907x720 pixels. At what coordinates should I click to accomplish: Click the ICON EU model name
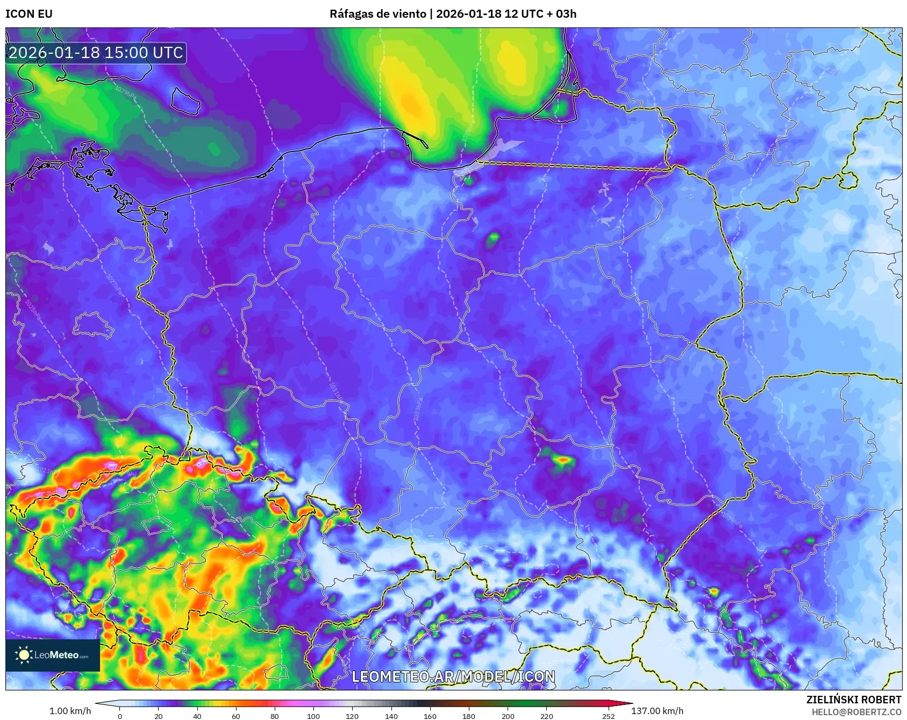[x=29, y=14]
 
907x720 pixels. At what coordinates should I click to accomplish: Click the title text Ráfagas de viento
[x=377, y=14]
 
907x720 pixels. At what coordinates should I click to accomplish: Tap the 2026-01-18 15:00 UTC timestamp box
[x=96, y=53]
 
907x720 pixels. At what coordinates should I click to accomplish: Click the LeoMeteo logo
[x=53, y=655]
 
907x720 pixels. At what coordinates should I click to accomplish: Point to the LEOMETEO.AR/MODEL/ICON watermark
[x=453, y=676]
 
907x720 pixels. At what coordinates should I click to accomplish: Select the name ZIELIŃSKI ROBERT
[x=853, y=700]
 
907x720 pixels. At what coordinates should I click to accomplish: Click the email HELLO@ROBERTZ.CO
[x=856, y=712]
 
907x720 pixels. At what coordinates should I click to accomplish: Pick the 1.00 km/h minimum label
[x=70, y=711]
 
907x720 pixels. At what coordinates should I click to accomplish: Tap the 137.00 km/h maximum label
[x=657, y=711]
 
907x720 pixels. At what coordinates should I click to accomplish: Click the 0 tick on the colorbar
[x=120, y=716]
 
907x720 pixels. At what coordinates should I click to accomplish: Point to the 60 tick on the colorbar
[x=236, y=716]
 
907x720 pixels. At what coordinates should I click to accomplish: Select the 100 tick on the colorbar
[x=313, y=716]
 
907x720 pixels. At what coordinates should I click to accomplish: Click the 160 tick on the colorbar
[x=430, y=716]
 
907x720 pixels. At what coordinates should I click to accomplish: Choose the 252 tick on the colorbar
[x=609, y=716]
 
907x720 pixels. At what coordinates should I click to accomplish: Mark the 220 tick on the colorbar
[x=547, y=716]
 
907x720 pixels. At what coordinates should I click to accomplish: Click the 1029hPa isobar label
[x=125, y=92]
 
